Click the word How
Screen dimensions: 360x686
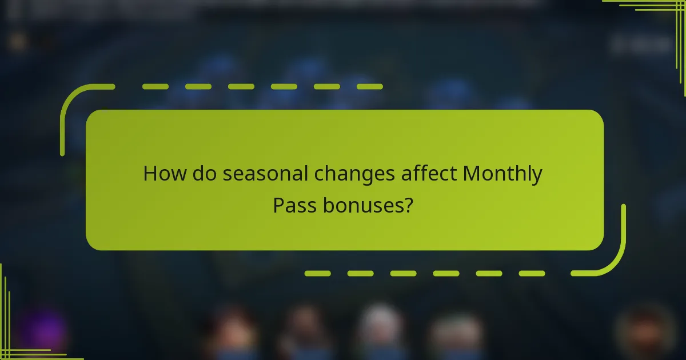click(162, 173)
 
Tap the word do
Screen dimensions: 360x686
click(203, 173)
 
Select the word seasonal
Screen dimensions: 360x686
click(265, 173)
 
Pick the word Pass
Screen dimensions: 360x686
click(294, 204)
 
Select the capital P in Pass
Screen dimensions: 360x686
click(278, 204)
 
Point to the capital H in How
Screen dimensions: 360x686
click(151, 173)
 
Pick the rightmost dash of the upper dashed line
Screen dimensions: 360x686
click(369, 87)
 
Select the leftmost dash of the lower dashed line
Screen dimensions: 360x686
click(317, 274)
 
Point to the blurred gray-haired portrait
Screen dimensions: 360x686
click(380, 326)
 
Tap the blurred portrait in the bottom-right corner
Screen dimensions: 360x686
click(646, 329)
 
